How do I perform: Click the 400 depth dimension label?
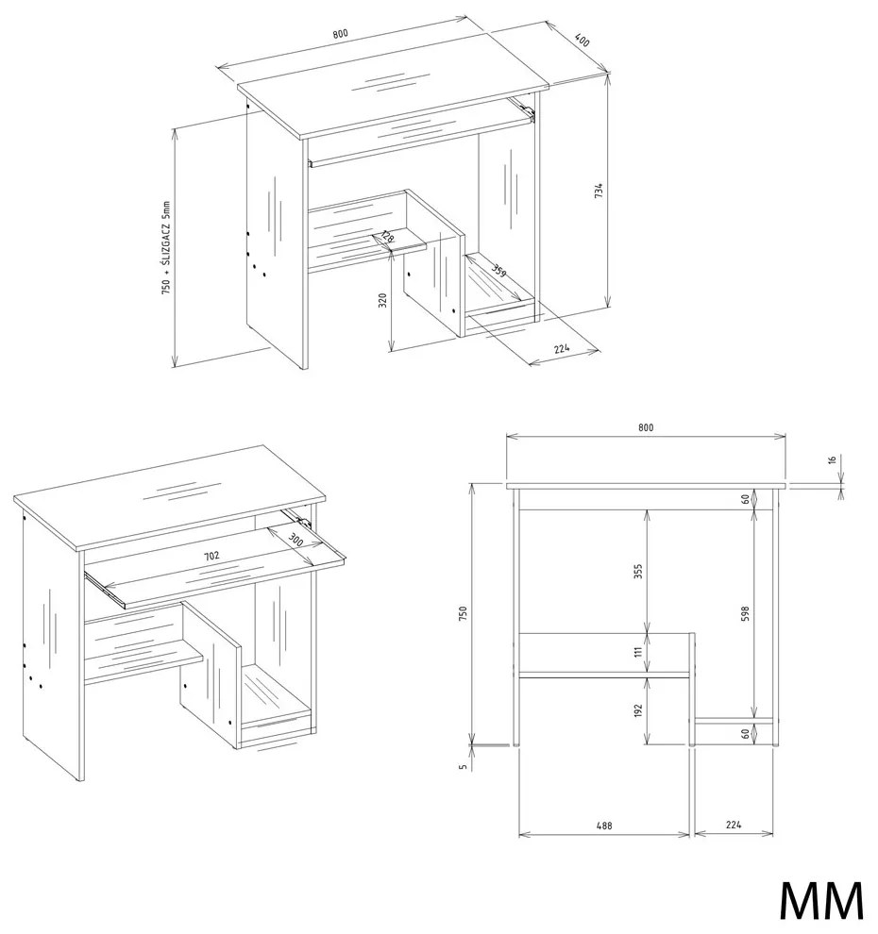[582, 40]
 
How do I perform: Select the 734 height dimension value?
[599, 191]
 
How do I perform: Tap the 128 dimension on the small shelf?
[387, 237]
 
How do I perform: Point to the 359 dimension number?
[498, 270]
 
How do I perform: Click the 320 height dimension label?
[383, 300]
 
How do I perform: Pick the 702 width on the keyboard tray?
[211, 556]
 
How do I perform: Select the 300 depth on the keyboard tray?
[295, 541]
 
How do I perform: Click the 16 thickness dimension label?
[834, 459]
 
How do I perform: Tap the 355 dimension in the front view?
[638, 572]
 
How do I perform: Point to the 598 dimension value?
[745, 614]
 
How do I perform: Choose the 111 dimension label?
[638, 652]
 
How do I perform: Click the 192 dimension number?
[638, 710]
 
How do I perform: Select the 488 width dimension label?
[604, 826]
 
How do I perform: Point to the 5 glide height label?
[463, 767]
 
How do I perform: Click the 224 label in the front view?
[734, 825]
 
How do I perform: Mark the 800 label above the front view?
[646, 427]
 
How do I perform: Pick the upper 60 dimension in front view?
[745, 499]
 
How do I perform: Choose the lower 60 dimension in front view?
[745, 733]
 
